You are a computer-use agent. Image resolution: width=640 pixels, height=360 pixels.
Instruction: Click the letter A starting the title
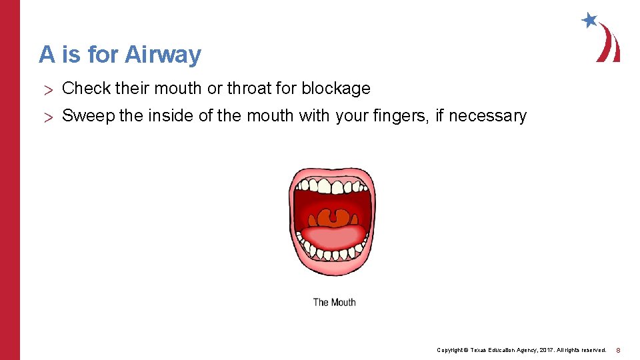click(x=47, y=54)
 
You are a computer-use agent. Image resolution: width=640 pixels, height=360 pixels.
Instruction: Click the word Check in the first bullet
click(x=86, y=88)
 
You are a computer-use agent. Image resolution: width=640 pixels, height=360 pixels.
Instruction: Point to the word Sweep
click(x=89, y=116)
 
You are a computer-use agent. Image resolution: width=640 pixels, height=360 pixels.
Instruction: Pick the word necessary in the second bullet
click(x=487, y=116)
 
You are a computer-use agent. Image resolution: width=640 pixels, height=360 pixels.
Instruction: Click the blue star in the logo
click(x=589, y=20)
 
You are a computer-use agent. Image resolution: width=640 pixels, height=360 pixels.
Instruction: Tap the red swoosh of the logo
click(x=609, y=44)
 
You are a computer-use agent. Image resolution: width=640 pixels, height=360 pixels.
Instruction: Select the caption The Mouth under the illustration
click(x=334, y=302)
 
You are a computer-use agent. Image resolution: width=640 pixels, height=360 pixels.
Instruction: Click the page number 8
click(x=618, y=350)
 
